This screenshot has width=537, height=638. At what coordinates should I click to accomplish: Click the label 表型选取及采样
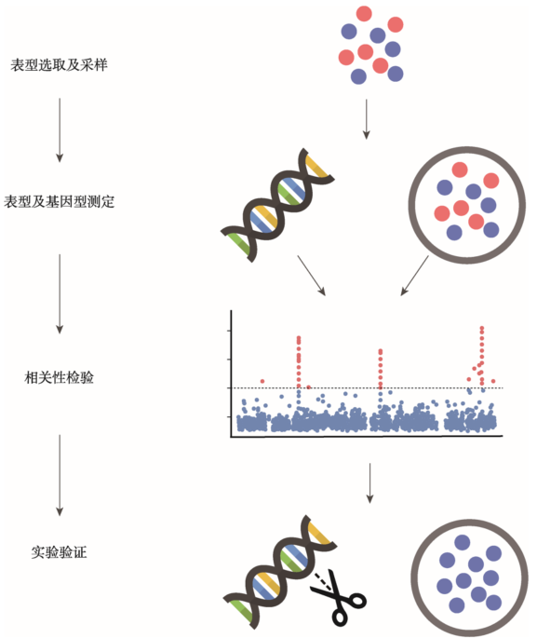pos(59,65)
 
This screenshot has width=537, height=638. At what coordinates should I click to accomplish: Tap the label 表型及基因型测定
pos(60,201)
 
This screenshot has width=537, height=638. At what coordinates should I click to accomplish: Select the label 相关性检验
pos(60,377)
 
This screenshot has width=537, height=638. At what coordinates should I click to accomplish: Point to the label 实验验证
pos(60,552)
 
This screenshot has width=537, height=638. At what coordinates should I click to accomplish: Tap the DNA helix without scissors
pos(277,205)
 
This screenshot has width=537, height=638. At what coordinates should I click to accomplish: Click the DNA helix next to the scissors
pos(280,572)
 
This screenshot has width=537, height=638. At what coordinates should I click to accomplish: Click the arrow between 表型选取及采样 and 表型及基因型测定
pos(60,129)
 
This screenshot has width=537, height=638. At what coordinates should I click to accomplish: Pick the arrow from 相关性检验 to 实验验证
pos(60,475)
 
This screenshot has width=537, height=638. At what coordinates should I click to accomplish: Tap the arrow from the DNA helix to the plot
pos(312,276)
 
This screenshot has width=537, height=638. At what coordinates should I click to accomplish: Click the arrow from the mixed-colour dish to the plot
pos(415,275)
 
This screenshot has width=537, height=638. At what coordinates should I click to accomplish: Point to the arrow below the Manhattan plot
pos(369,483)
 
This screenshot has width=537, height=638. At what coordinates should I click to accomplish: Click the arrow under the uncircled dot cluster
pos(367,119)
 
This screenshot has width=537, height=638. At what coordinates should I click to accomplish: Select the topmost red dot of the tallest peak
pos(482,328)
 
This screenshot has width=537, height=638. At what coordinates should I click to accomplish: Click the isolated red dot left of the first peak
pos(262,381)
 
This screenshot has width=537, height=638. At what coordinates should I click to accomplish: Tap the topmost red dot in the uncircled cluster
pos(364,13)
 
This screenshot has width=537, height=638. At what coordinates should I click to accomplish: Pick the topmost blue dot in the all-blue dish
pos(463,542)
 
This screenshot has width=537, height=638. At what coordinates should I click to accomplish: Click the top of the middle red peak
pos(381,350)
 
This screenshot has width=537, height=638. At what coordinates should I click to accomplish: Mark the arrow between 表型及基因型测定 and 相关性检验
pos(60,293)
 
